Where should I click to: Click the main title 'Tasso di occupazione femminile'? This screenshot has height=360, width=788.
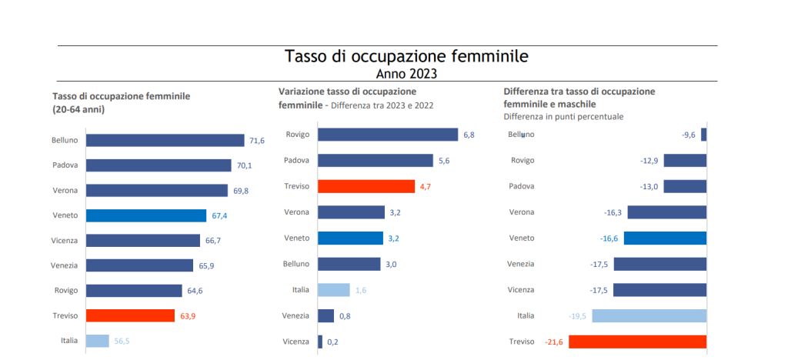click(406, 56)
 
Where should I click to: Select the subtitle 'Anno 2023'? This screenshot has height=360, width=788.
click(406, 74)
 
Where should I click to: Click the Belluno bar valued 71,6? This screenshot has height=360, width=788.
click(165, 140)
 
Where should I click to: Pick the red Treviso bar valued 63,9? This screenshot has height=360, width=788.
click(130, 315)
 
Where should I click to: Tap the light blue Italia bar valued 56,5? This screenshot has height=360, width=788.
click(97, 340)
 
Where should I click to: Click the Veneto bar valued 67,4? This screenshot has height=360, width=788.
click(146, 215)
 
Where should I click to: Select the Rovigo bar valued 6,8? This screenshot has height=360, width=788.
click(387, 135)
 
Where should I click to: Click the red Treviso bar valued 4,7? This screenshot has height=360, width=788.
click(366, 186)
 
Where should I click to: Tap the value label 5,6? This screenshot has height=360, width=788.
click(445, 161)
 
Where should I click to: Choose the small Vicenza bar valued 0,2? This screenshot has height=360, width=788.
click(320, 342)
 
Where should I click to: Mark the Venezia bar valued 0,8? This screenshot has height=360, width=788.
click(326, 315)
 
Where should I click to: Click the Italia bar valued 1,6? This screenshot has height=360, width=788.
click(333, 290)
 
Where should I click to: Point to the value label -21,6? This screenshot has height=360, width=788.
click(553, 342)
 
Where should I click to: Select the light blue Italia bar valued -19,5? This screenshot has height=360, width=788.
click(649, 315)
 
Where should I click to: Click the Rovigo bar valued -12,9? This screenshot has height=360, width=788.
click(685, 160)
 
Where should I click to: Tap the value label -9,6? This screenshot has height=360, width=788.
click(689, 135)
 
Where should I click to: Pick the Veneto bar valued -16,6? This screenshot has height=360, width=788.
click(665, 238)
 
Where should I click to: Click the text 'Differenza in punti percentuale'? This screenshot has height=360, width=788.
click(563, 116)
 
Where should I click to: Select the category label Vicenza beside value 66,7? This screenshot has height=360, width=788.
click(65, 241)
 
